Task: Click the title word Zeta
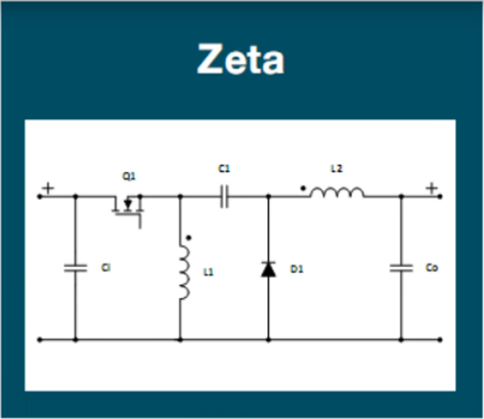[241, 60]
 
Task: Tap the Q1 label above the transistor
[129, 178]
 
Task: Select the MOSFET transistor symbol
[127, 208]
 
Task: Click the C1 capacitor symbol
[224, 197]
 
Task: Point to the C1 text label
[224, 169]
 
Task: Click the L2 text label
[337, 169]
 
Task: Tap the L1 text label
[208, 272]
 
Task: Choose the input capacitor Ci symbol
[76, 268]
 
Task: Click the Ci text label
[106, 268]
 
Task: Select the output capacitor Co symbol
[401, 268]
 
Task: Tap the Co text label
[431, 268]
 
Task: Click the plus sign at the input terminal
[48, 188]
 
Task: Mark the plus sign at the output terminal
[432, 188]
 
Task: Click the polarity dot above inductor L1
[188, 238]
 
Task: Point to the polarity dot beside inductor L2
[304, 187]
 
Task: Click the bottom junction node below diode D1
[268, 340]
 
